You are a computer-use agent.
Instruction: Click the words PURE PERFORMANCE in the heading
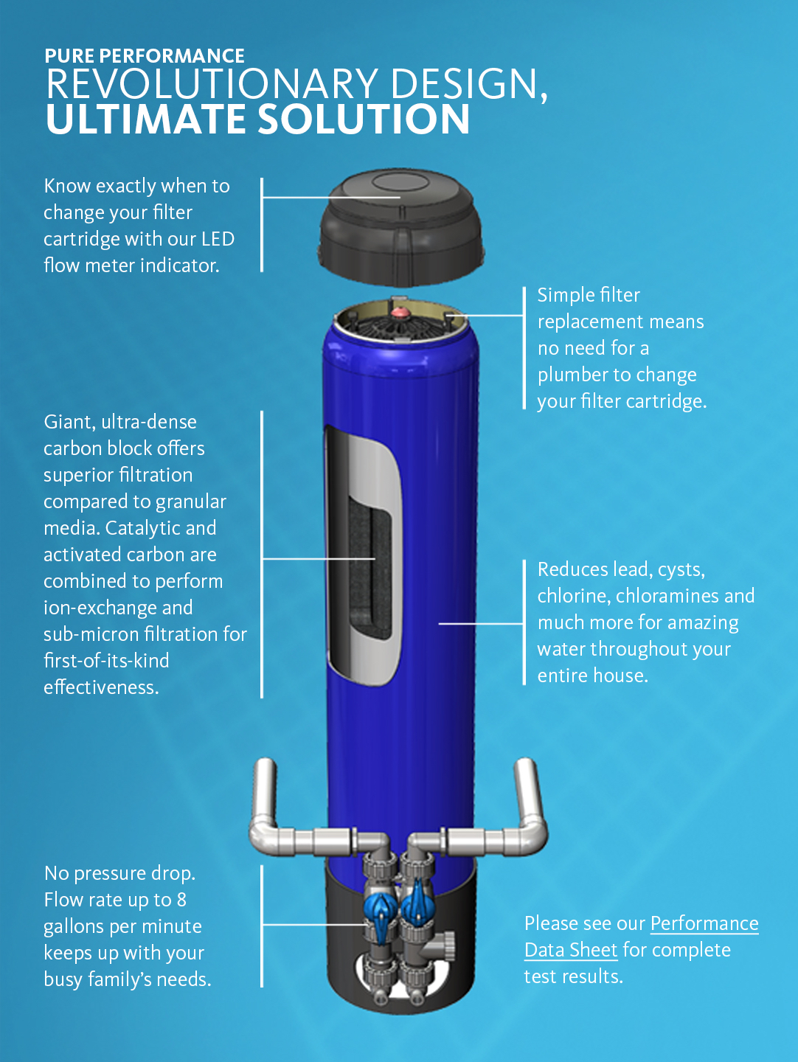144,55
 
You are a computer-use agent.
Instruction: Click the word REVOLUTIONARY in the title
212,84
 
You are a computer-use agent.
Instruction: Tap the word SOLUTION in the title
364,119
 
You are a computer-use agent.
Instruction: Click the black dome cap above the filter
401,227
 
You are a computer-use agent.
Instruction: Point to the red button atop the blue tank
400,312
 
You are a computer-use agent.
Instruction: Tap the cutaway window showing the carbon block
364,555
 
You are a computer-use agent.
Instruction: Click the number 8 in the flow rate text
181,900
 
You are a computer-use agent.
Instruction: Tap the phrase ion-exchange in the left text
118,608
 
